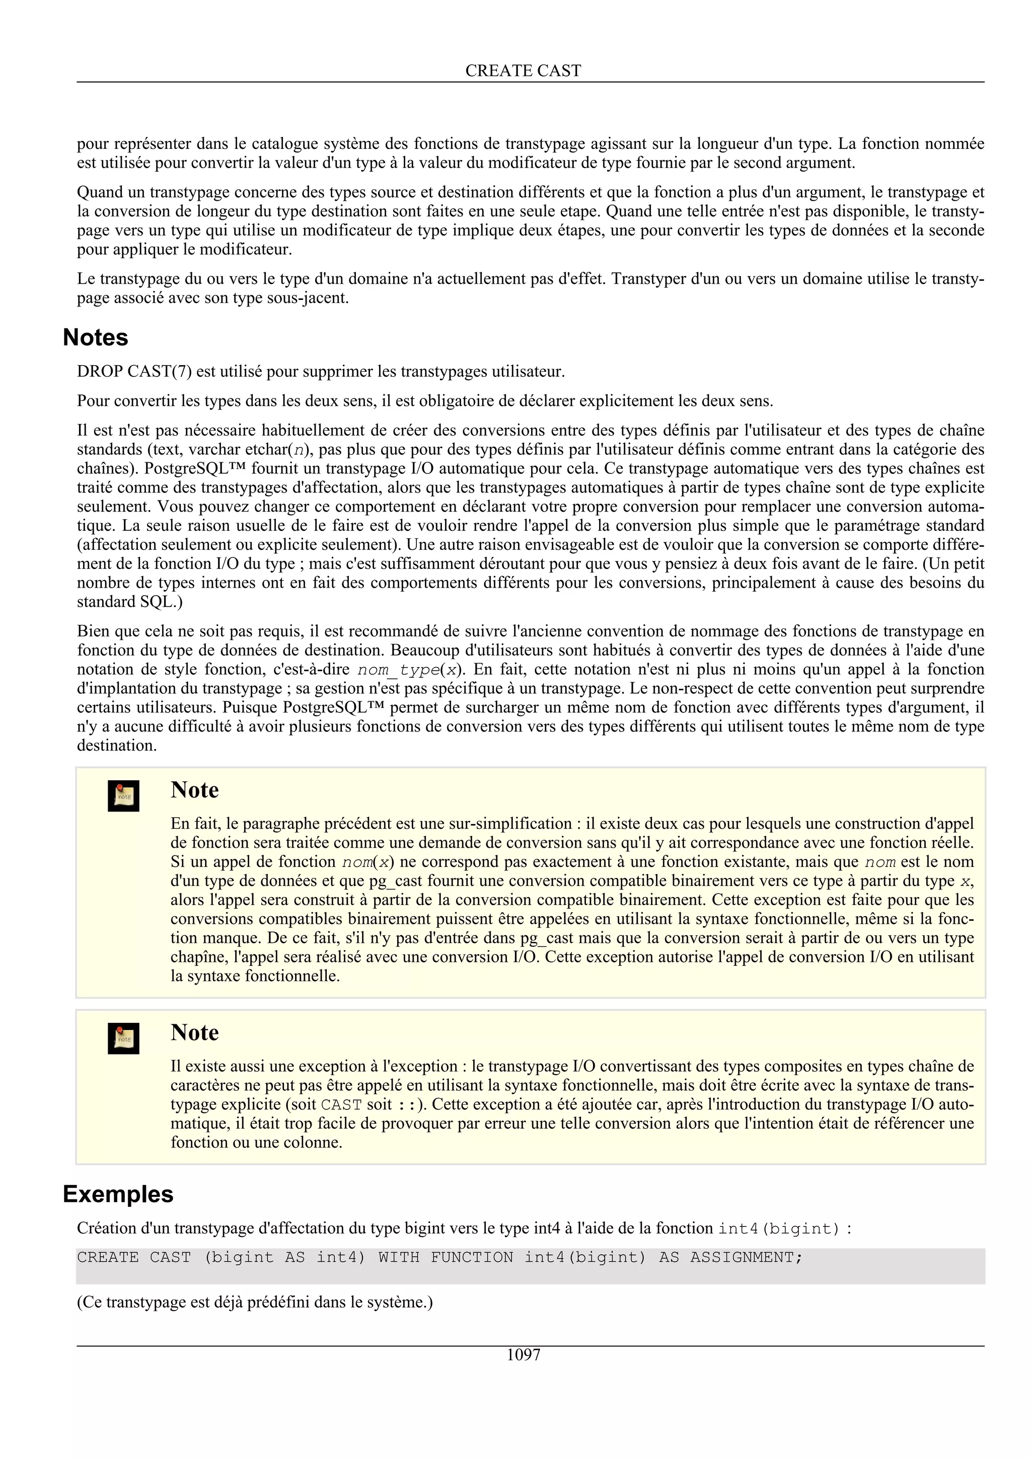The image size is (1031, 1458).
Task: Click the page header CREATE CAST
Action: tap(523, 70)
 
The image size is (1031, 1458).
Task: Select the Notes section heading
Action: tap(95, 337)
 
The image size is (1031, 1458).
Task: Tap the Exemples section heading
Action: tap(118, 1194)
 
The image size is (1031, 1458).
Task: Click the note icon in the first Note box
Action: tap(123, 796)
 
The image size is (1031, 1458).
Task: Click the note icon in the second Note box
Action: tap(123, 1038)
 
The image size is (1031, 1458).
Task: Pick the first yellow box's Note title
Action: tap(194, 790)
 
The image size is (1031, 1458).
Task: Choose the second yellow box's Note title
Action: tap(194, 1032)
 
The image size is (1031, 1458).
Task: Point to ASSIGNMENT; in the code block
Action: tap(747, 1257)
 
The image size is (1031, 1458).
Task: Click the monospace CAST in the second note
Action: tap(341, 1104)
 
